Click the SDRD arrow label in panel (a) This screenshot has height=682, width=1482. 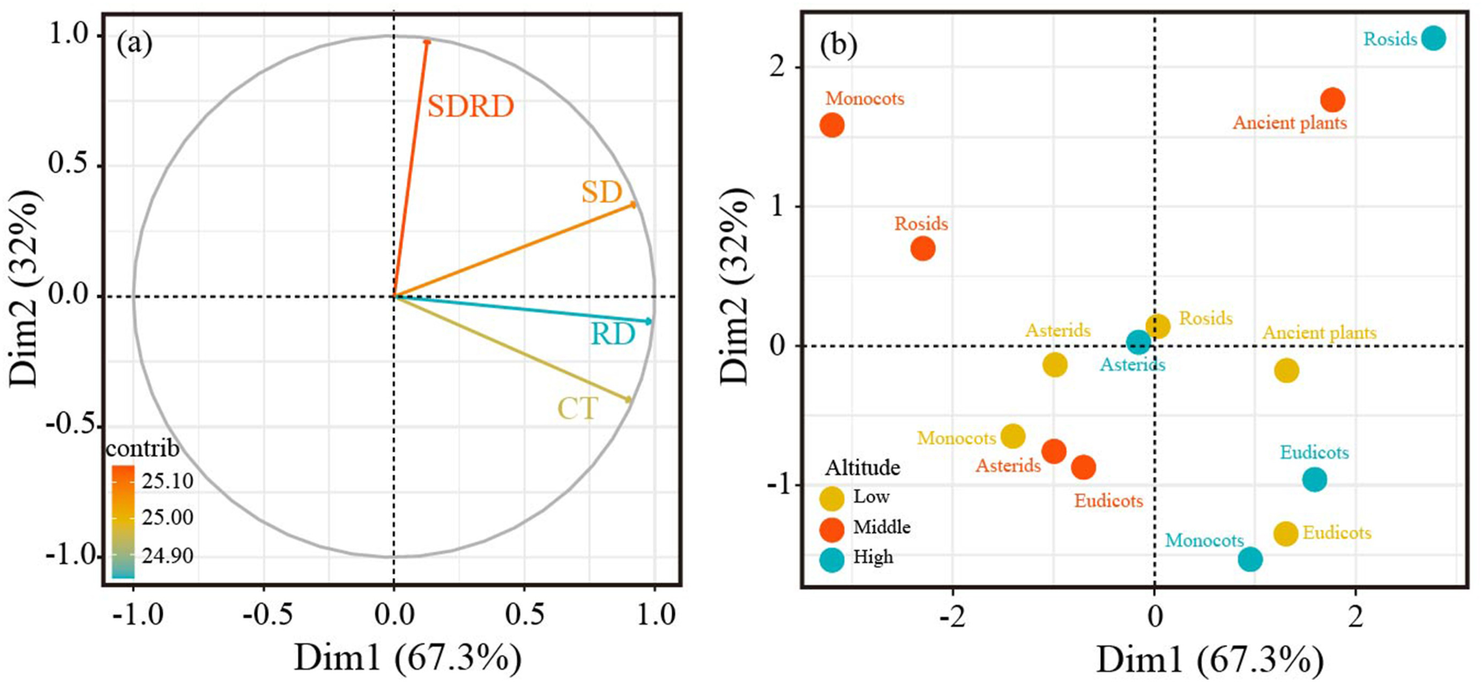pyautogui.click(x=470, y=107)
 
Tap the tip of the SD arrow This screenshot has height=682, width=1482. pyautogui.click(x=635, y=204)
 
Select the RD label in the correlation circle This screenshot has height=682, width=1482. pyautogui.click(x=613, y=335)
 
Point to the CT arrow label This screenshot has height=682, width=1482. pyautogui.click(x=578, y=409)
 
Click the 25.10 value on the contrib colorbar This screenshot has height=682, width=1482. pyautogui.click(x=167, y=480)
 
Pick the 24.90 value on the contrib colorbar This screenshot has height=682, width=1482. pyautogui.click(x=167, y=556)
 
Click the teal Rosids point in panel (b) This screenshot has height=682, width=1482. pyautogui.click(x=1433, y=39)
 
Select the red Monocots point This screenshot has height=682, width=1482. pyautogui.click(x=832, y=125)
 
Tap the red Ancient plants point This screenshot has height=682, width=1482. pyautogui.click(x=1332, y=100)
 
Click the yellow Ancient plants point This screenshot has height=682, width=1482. pyautogui.click(x=1286, y=370)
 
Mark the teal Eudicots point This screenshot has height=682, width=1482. pyautogui.click(x=1315, y=479)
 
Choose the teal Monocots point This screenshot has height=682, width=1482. pyautogui.click(x=1250, y=559)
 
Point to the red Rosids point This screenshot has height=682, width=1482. pyautogui.click(x=923, y=249)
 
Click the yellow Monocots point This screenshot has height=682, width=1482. pyautogui.click(x=1012, y=436)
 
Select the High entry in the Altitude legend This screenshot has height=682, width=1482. pyautogui.click(x=873, y=557)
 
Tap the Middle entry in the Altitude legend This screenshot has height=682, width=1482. pyautogui.click(x=881, y=527)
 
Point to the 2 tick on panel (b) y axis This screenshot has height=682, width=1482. pyautogui.click(x=777, y=68)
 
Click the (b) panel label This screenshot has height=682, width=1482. pyautogui.click(x=838, y=45)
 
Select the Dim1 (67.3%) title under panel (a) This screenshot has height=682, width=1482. pyautogui.click(x=408, y=658)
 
